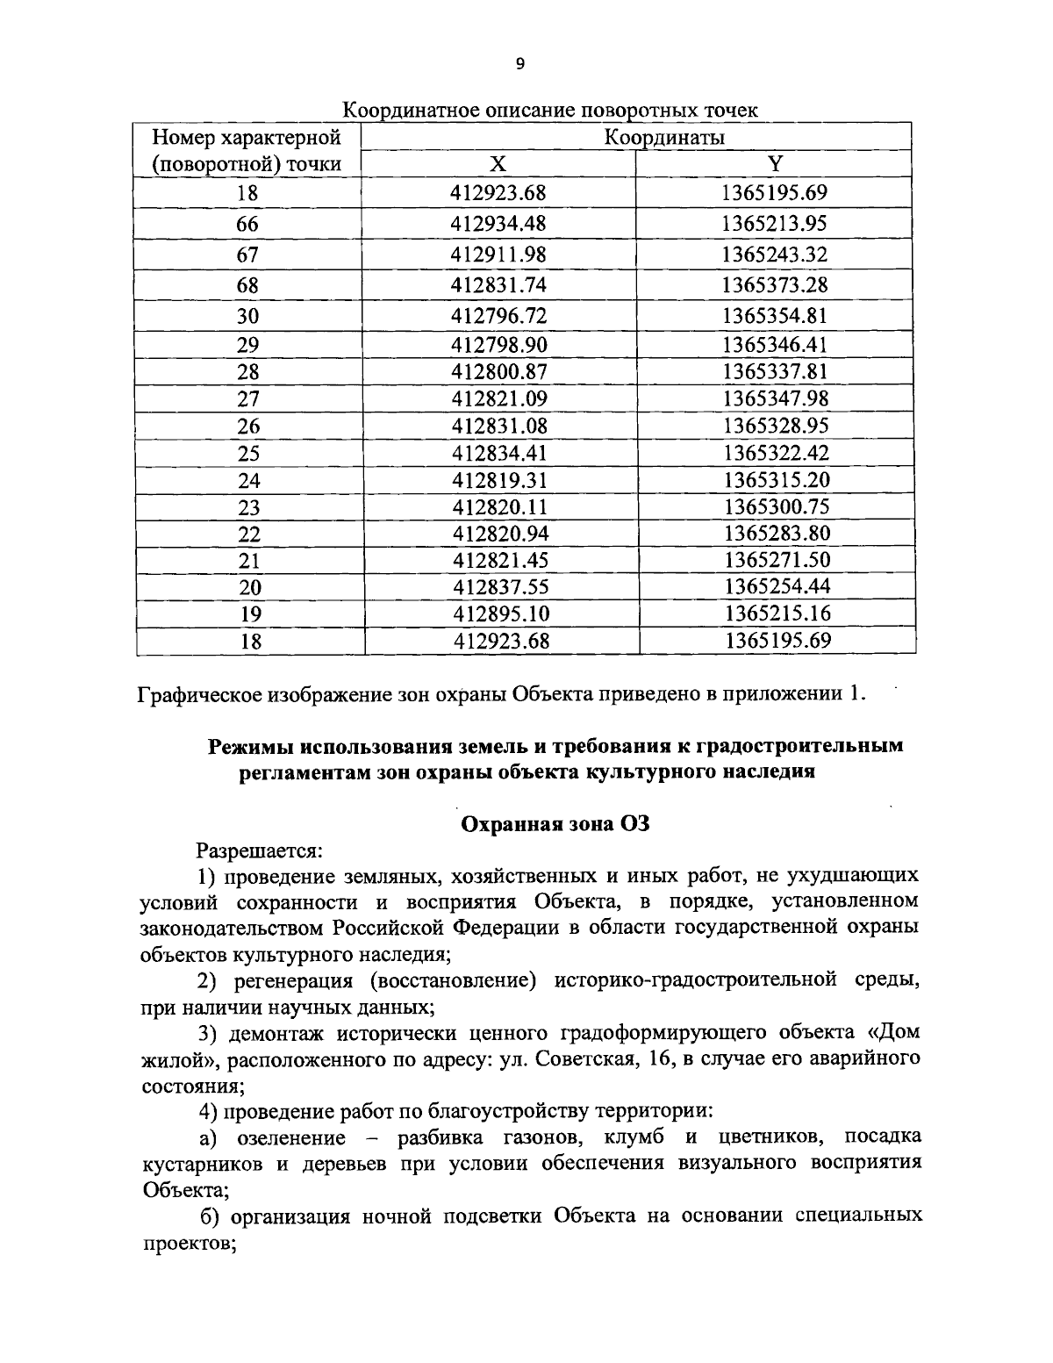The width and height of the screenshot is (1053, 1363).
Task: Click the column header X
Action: click(x=498, y=164)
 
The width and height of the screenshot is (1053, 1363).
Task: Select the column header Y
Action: click(x=775, y=164)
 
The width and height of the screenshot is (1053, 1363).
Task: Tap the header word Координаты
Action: click(x=663, y=138)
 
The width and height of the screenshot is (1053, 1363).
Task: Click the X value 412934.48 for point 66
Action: click(x=498, y=224)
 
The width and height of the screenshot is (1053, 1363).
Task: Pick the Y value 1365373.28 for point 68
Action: click(x=775, y=285)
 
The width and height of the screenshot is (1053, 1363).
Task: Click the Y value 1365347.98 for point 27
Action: click(x=776, y=398)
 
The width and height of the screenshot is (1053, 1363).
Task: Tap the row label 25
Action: click(x=249, y=454)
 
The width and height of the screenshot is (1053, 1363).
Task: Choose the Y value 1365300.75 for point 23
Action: click(x=777, y=506)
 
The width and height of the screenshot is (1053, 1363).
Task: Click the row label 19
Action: click(x=250, y=614)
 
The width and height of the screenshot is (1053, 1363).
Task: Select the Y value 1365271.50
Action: click(x=777, y=560)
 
